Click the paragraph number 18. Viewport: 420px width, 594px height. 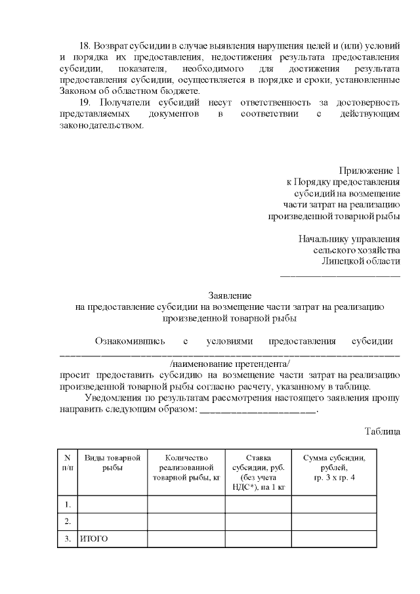[84, 47]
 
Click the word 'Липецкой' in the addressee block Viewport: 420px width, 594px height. [343, 261]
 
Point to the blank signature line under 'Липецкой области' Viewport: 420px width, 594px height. [340, 274]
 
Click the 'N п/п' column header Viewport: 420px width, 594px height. [68, 462]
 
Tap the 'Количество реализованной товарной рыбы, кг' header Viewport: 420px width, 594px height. [186, 467]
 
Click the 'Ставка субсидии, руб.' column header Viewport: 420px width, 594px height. [258, 473]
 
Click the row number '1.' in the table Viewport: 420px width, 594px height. [68, 504]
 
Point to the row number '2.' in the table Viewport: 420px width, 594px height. [68, 521]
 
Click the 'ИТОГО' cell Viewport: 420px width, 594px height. [94, 539]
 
